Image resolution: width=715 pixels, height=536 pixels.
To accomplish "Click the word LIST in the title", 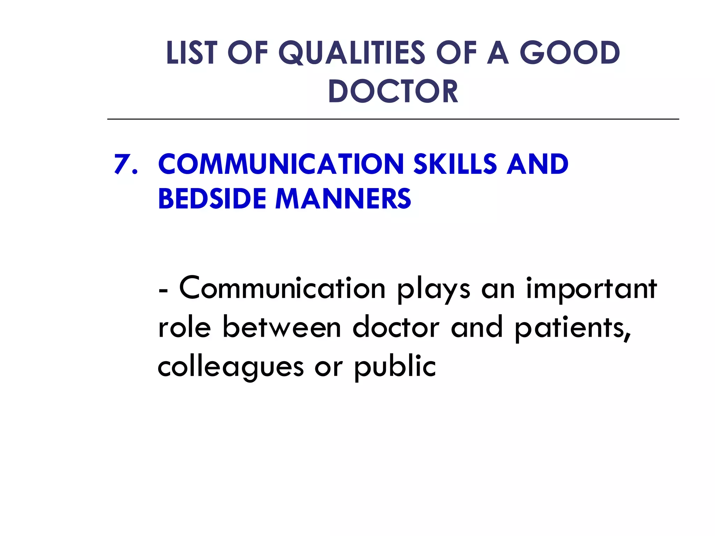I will click(192, 53).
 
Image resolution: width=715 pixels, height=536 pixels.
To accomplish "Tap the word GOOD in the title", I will click(569, 53).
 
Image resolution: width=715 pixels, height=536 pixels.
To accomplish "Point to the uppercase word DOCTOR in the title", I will click(393, 91).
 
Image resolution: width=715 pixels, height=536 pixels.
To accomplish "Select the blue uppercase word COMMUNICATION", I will click(281, 164).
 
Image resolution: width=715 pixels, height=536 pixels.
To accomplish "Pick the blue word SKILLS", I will click(455, 164).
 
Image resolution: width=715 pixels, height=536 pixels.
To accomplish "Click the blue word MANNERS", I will click(343, 199).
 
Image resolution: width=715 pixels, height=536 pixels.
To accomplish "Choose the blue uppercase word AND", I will click(538, 164).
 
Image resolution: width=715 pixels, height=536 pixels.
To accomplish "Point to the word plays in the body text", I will click(434, 290).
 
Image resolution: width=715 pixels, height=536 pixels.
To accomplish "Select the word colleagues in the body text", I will click(230, 367).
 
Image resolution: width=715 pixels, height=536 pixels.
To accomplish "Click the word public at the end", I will click(395, 367).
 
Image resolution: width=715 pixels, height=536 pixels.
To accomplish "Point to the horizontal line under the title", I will click(393, 119).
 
